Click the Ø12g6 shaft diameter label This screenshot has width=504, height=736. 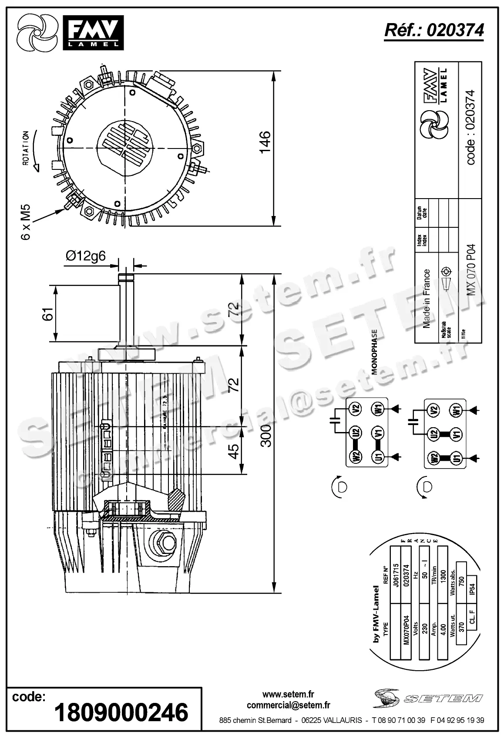(x=86, y=256)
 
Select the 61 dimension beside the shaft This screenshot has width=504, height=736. (x=48, y=313)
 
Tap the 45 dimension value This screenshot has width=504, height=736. (x=234, y=451)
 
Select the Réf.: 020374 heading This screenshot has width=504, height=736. (x=434, y=30)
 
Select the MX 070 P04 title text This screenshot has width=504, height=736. (x=471, y=270)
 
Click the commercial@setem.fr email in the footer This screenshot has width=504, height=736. (x=288, y=705)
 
